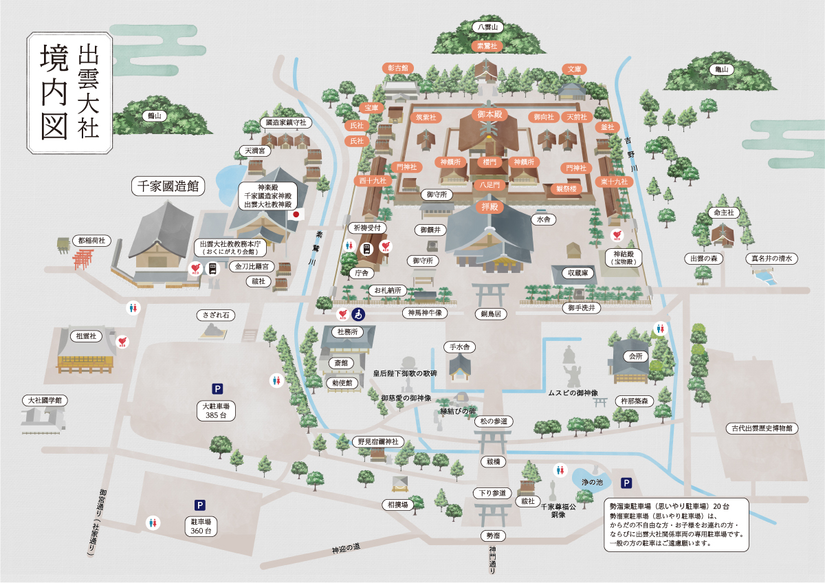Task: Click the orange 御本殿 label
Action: coord(489,113)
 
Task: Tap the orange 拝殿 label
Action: coord(489,207)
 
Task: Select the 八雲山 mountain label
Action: coord(489,27)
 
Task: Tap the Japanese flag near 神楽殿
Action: coord(297,214)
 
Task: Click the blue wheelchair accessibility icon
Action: coord(358,313)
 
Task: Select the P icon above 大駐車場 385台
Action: coord(217,388)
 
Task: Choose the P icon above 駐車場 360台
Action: coord(200,505)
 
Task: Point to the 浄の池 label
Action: coord(593,483)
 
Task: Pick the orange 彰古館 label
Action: coord(398,67)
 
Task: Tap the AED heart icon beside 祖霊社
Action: coord(122,340)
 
